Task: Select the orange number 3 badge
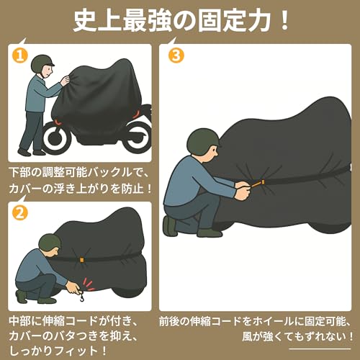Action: point(175,54)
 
